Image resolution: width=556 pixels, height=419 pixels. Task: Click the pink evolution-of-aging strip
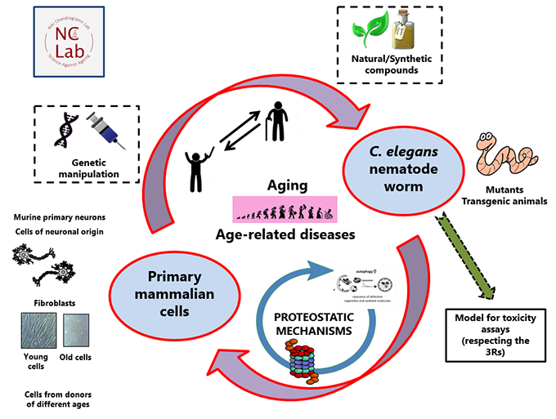pyautogui.click(x=285, y=210)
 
